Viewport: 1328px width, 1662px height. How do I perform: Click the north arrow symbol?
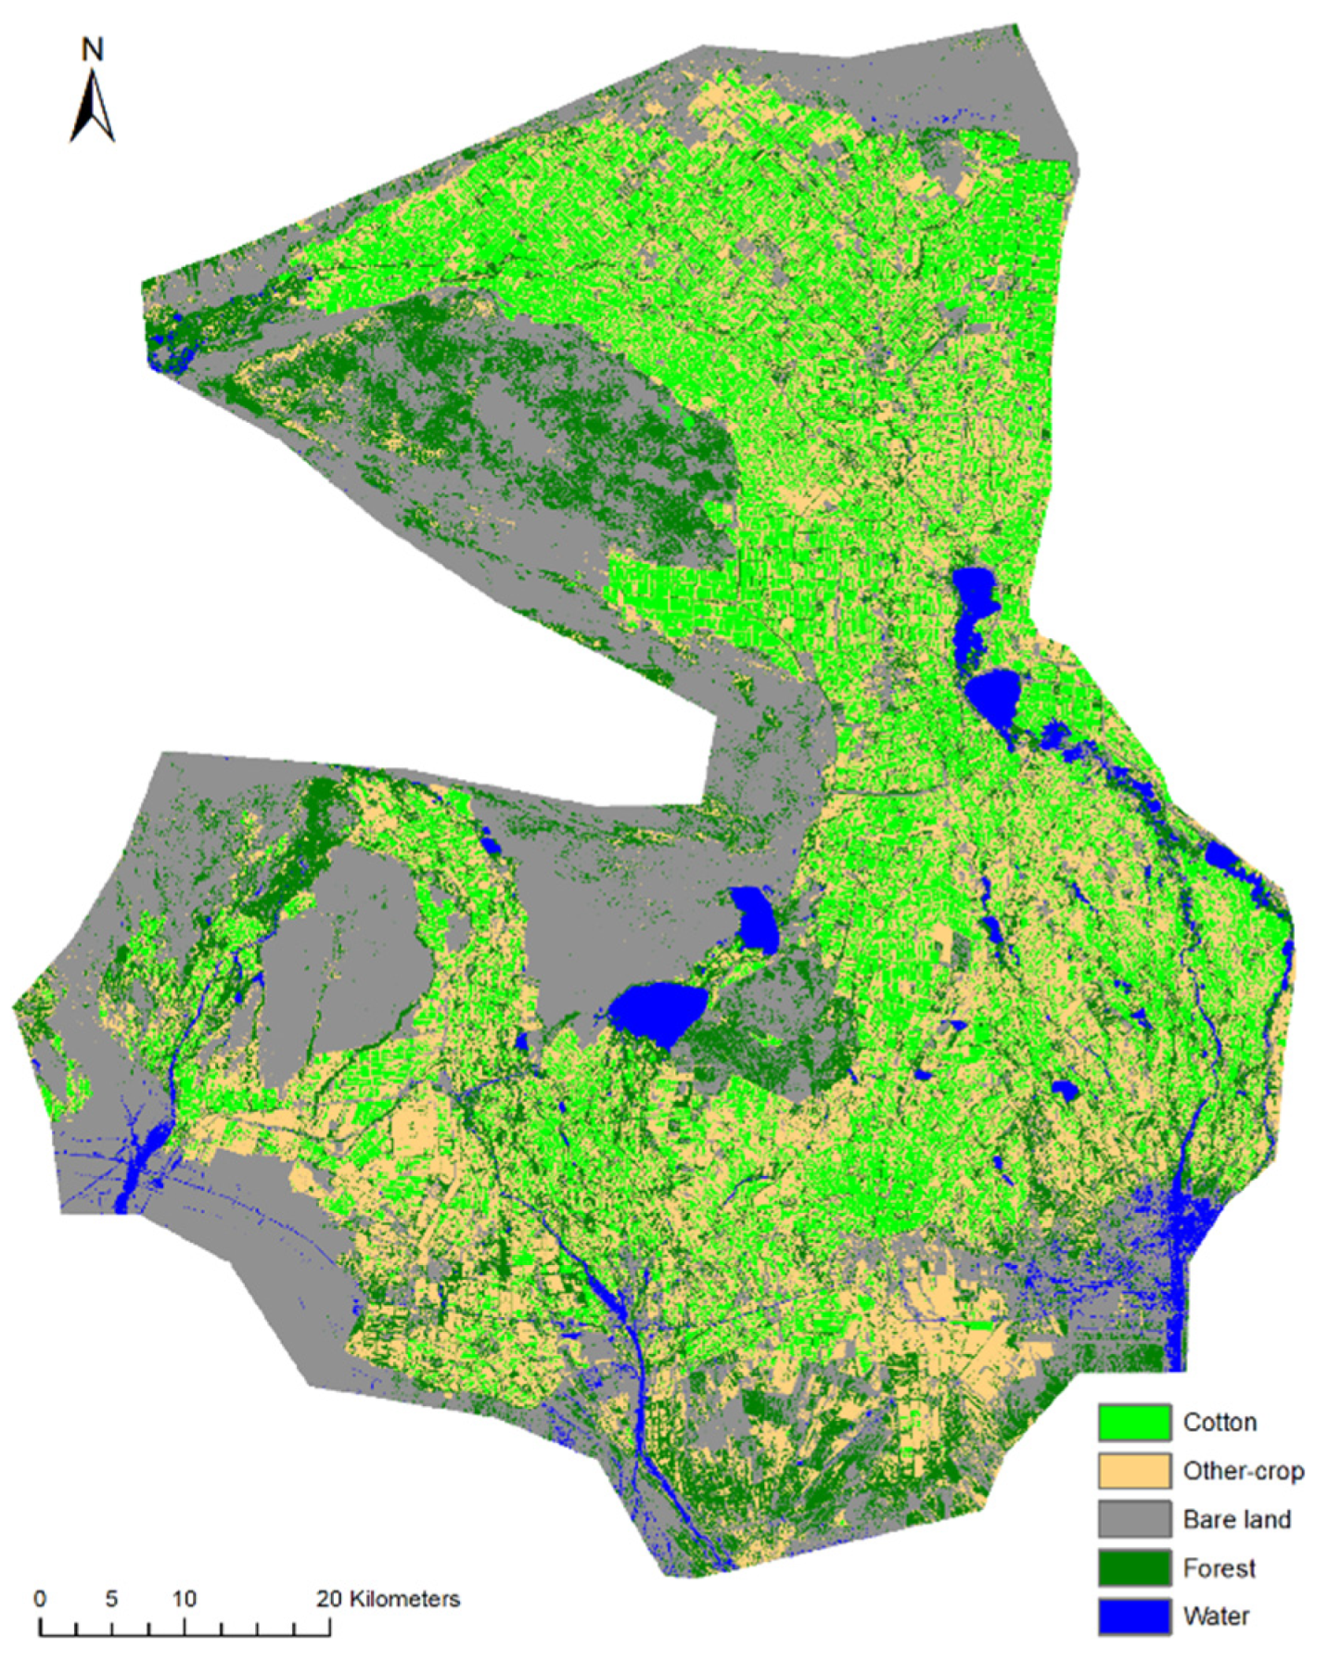click(92, 106)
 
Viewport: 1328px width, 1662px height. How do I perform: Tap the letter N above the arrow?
click(92, 48)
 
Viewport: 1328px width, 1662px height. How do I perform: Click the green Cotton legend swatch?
click(1133, 1423)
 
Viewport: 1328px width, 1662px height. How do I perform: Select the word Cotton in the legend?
click(1219, 1423)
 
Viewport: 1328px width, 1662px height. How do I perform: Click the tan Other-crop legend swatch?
click(1133, 1471)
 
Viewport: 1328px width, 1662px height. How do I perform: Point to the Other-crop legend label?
click(1243, 1471)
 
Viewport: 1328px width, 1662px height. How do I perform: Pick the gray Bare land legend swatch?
click(1133, 1519)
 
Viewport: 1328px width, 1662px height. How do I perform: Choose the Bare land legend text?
click(1236, 1519)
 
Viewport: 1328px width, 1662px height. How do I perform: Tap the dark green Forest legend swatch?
click(1133, 1568)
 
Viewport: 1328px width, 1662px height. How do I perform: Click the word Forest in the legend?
click(1219, 1568)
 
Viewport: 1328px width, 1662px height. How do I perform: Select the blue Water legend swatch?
click(1133, 1617)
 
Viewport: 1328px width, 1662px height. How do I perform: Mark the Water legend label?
click(1216, 1617)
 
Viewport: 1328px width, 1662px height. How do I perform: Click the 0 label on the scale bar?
click(40, 1599)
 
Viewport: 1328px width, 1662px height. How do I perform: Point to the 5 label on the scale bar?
click(111, 1599)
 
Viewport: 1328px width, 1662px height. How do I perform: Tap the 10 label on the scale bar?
click(184, 1599)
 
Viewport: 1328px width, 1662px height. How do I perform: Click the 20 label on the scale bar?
click(328, 1599)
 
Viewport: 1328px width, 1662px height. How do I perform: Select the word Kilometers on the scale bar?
click(402, 1599)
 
